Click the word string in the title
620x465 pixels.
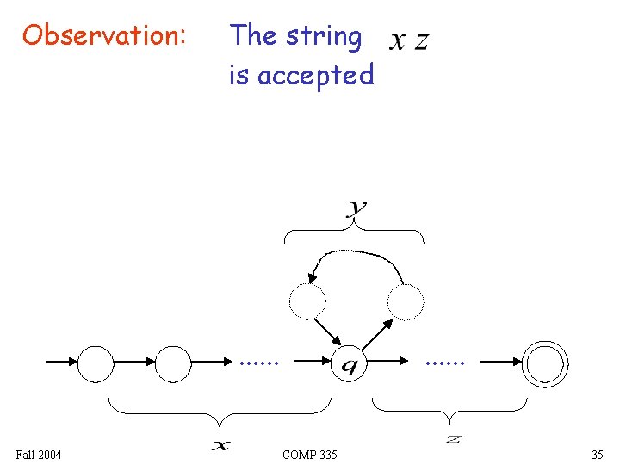coord(324,36)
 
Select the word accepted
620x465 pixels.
coord(316,76)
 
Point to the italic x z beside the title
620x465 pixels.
coord(409,40)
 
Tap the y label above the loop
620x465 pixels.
coord(356,208)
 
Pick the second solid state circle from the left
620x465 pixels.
coord(173,363)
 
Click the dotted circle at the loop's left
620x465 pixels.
coord(307,301)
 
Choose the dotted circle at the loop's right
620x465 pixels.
coord(406,301)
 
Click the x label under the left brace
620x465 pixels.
coord(221,444)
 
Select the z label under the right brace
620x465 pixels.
coord(453,440)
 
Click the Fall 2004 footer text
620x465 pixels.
coord(39,454)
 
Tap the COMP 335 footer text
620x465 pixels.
coord(310,454)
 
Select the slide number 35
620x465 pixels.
coord(597,454)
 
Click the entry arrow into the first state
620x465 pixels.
coord(60,363)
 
